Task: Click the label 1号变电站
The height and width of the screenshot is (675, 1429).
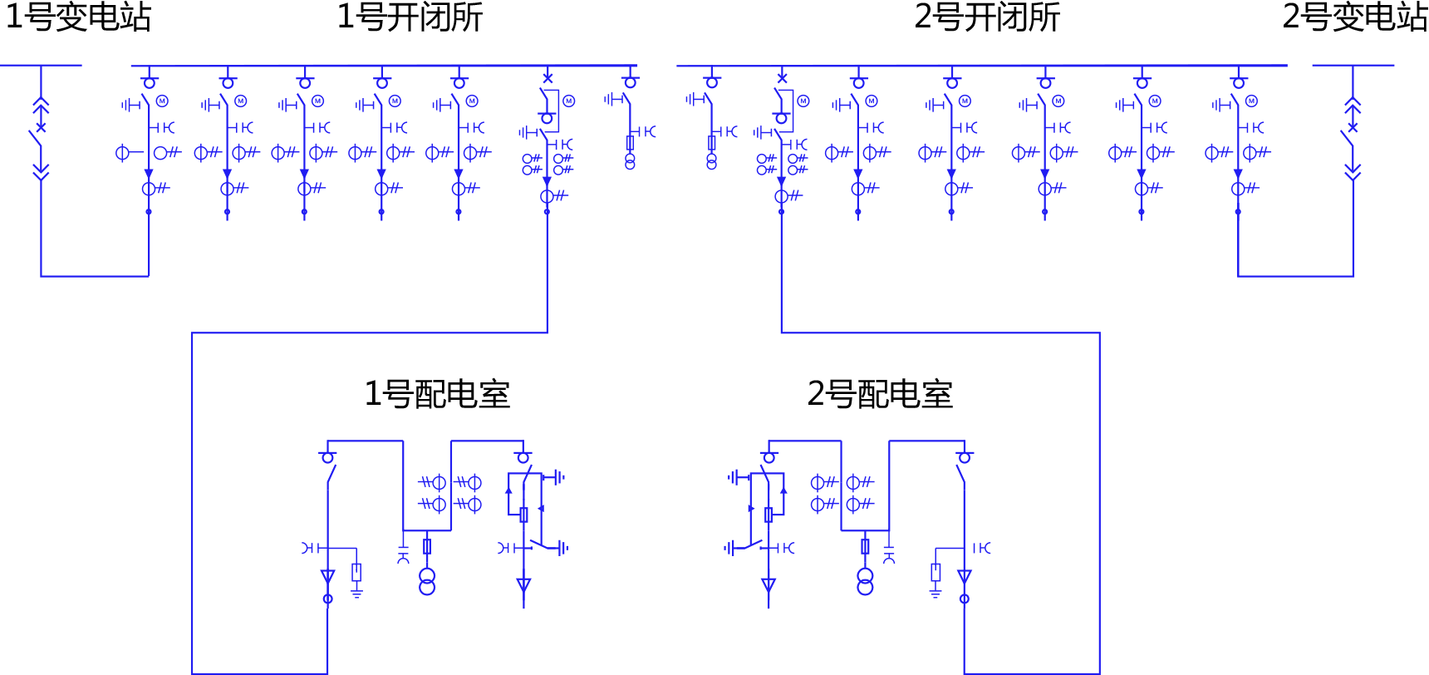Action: (x=78, y=17)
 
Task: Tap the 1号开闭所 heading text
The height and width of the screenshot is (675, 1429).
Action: (x=410, y=17)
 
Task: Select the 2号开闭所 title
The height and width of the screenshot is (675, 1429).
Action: (x=987, y=17)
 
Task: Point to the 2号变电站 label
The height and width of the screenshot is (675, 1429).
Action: (x=1354, y=17)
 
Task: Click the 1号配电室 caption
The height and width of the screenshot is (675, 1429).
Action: (x=437, y=394)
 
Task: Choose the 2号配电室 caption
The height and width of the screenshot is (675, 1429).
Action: (x=880, y=394)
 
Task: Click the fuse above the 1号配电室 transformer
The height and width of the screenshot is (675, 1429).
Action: (x=427, y=546)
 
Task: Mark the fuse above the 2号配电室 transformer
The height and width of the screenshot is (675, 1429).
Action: (x=865, y=546)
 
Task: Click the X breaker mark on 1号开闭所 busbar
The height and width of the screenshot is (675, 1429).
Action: (x=547, y=78)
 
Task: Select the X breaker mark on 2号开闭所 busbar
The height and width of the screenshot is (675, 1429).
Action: (x=781, y=78)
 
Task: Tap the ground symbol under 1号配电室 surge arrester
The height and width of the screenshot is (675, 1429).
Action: (x=356, y=594)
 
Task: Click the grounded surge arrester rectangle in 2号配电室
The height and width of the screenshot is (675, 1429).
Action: (x=935, y=572)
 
